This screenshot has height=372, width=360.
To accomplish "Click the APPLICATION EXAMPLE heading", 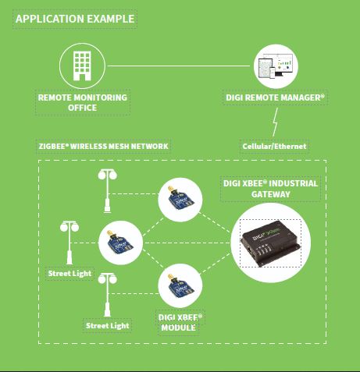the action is coord(75,19).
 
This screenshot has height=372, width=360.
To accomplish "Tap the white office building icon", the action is coord(82,66).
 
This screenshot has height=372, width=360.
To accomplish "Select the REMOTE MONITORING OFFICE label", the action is coord(83,102).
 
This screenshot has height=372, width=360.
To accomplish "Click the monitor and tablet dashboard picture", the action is coord(276,66).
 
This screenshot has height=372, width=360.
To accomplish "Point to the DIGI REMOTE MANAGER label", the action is coord(275,97).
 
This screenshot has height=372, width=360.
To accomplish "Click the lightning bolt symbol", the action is coord(275,122).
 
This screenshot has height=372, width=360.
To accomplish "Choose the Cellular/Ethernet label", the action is coord(274,146).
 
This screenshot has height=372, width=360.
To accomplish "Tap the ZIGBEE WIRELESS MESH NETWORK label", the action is coord(103,146).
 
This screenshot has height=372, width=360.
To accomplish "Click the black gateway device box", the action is coord(271,243).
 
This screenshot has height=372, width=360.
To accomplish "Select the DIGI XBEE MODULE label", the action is coord(180,322).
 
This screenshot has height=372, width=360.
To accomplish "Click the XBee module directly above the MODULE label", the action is coord(180,285).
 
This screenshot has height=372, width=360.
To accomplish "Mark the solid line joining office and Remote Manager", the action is coord(179,66).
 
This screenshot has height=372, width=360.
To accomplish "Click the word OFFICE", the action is coord(83,108).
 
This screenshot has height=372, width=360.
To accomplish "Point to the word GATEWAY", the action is coord(271,194).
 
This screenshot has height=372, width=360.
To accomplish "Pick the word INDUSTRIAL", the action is coord(293,183).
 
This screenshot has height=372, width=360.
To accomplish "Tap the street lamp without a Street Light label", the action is coord(107,191).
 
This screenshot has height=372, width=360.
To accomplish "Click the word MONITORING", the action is coord(101,97).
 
